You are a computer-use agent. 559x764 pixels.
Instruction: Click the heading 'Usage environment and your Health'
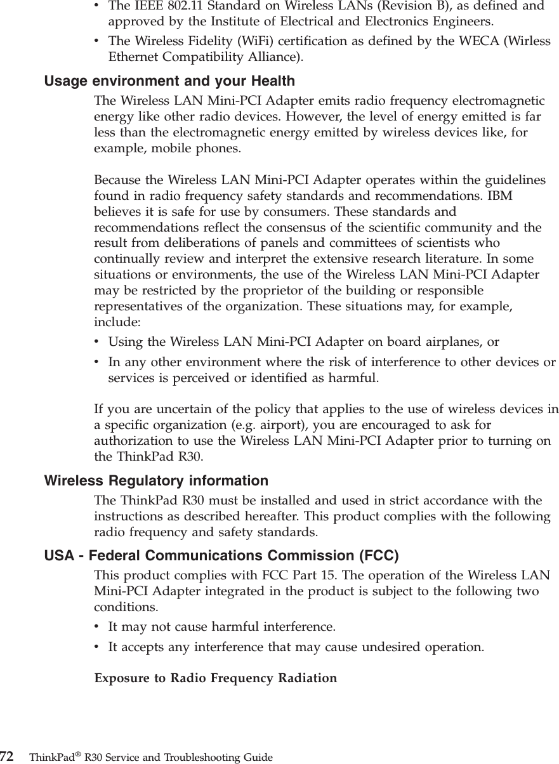[x=169, y=81]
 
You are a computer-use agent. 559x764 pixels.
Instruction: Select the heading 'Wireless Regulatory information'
[x=156, y=481]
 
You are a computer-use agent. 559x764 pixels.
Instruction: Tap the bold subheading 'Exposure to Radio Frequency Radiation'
[x=216, y=678]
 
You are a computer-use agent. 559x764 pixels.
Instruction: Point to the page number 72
[x=7, y=756]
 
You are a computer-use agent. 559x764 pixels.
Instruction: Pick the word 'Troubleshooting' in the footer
[x=195, y=758]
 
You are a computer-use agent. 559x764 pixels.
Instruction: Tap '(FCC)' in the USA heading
[x=379, y=557]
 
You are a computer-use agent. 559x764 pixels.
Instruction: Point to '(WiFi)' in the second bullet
[x=234, y=41]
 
